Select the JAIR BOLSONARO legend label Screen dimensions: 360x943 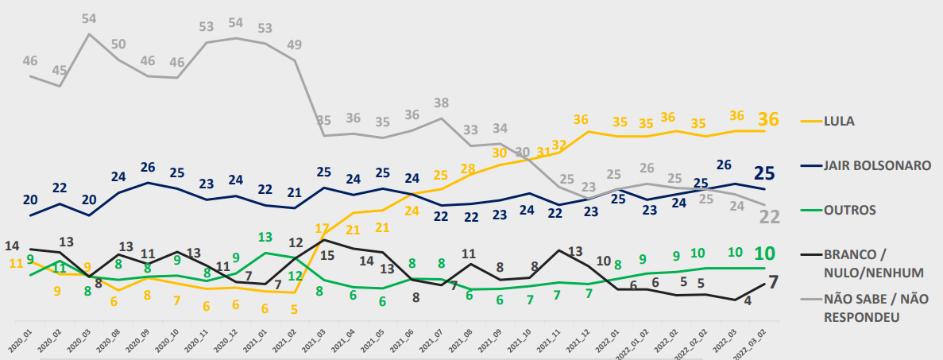coord(875,165)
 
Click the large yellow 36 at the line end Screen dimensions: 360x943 coord(768,120)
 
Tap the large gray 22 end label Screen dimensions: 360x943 coord(767,217)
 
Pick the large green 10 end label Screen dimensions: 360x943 coord(764,254)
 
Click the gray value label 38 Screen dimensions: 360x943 coord(443,103)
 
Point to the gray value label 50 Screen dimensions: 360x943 coord(118,43)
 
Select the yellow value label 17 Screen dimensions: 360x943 coord(323,228)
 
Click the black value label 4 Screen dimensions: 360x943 coord(747,302)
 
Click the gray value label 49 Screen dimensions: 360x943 coord(295,44)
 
